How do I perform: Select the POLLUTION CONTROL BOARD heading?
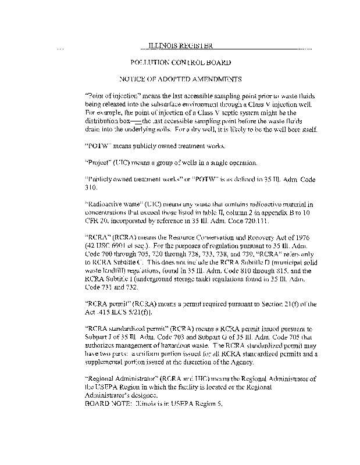click(181, 62)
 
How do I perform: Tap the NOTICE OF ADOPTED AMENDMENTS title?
click(180, 78)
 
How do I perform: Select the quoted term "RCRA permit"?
click(106, 304)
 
